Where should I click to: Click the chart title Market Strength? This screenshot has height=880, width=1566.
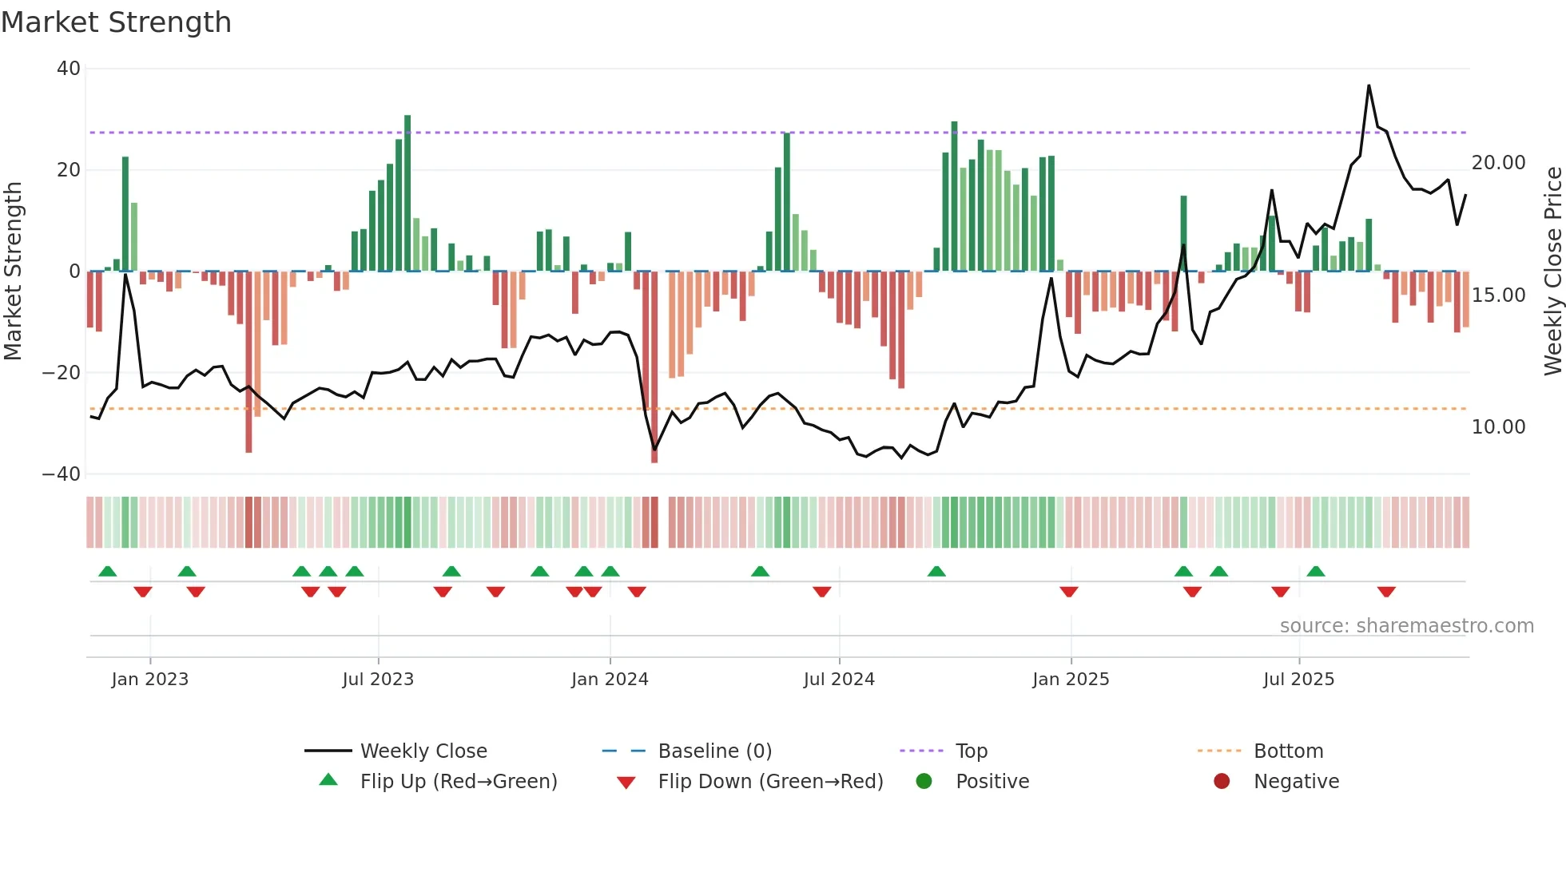116,22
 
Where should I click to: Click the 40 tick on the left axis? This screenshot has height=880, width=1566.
69,69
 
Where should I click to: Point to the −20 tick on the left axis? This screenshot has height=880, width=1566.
62,373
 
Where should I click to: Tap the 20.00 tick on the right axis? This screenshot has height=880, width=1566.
1498,163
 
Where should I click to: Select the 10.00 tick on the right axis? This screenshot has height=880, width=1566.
1498,427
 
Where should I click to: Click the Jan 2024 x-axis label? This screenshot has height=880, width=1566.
610,680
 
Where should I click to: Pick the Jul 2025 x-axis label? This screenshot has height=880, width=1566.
1298,680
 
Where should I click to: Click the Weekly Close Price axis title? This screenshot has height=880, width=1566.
1552,272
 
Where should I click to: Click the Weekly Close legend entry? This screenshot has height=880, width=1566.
423,751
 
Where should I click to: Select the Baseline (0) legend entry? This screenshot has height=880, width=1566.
714,751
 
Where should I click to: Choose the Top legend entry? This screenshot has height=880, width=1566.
972,751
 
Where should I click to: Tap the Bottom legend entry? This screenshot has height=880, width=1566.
1288,751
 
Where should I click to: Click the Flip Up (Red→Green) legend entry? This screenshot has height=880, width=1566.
459,782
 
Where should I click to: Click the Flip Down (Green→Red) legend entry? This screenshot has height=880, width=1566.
770,782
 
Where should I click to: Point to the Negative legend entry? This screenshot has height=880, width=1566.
1296,782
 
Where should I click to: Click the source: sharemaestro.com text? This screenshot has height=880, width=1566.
1406,626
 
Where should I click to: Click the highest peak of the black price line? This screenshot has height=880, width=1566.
1369,85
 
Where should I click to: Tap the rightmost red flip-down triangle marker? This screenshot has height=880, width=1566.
1386,592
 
